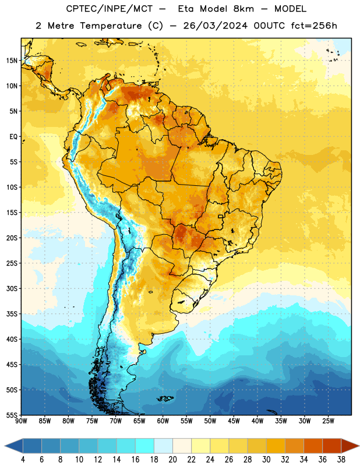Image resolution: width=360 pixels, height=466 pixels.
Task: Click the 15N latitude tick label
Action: point(12,61)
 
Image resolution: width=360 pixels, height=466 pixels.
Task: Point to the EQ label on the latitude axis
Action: point(13,137)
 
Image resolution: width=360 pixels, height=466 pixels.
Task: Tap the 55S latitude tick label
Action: point(12,415)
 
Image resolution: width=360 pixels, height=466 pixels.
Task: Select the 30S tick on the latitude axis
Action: point(12,288)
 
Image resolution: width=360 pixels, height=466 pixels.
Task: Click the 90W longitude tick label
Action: point(21,421)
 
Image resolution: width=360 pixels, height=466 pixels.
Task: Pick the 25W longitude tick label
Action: point(328,421)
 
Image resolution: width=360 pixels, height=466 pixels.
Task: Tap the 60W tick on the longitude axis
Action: point(163,421)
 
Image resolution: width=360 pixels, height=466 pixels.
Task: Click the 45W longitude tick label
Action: point(234,421)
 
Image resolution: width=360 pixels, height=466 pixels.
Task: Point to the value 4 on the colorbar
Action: point(23,460)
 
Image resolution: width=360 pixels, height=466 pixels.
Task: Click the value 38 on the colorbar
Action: point(341,460)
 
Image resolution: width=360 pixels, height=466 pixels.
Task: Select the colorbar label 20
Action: point(172,460)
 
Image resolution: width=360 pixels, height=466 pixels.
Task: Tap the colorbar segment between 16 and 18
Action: point(145,446)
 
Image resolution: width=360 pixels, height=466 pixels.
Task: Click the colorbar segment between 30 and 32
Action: point(276,446)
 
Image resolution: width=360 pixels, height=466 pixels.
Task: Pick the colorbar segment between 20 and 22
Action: point(182,446)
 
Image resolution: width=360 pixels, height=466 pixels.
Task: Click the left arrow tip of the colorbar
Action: point(5,446)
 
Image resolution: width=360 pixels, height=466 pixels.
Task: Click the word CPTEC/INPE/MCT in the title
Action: point(110,9)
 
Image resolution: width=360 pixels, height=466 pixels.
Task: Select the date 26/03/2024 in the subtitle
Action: point(215,26)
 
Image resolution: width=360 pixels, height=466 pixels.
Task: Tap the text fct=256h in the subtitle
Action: point(314,26)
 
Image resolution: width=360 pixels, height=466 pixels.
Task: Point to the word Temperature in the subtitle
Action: point(111,26)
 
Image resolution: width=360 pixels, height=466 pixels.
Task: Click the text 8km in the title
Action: point(243,9)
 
